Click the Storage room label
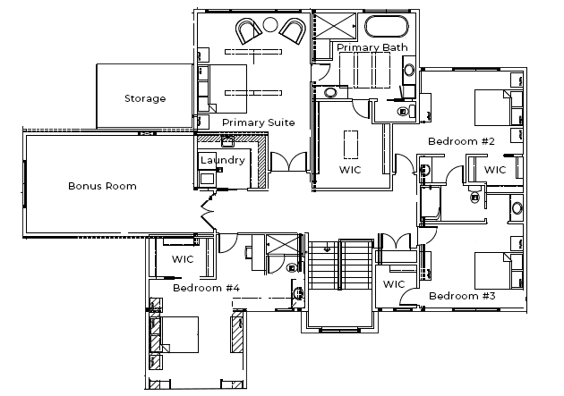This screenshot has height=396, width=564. (145, 98)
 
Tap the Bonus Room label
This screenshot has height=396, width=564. (103, 186)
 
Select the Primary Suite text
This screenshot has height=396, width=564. (259, 122)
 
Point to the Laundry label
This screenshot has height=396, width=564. (223, 160)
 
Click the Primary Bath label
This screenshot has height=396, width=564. (372, 47)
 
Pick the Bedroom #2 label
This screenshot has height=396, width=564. (461, 141)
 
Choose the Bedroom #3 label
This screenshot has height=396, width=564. (462, 296)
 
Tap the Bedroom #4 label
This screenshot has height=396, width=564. (206, 288)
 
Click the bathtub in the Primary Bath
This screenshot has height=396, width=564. (387, 26)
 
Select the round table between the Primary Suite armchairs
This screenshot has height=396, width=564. (269, 24)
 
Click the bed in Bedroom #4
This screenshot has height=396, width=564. (179, 334)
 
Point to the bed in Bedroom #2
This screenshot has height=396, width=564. (492, 107)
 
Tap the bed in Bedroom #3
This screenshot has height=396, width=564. (492, 271)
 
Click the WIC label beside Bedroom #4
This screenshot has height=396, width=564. (183, 259)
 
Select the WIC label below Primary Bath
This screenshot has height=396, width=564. (350, 170)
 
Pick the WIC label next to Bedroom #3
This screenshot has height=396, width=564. (394, 284)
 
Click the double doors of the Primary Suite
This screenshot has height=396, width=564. (288, 163)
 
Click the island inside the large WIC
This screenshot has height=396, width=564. (351, 144)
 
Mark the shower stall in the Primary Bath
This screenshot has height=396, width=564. (335, 26)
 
